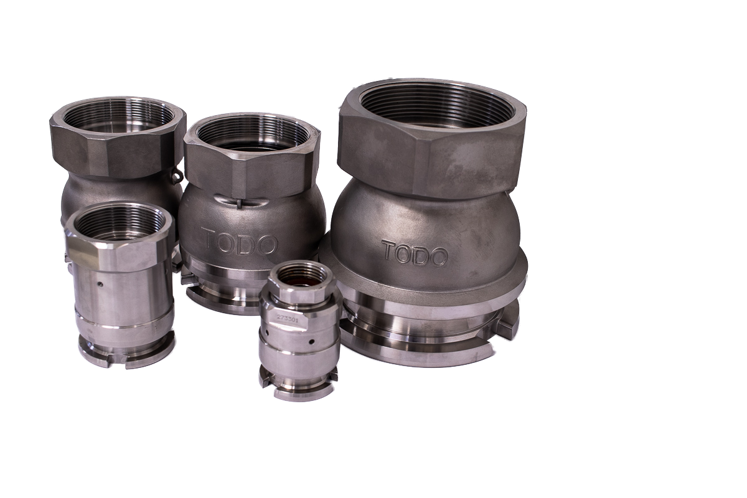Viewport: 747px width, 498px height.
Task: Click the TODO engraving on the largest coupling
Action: pyautogui.click(x=415, y=253)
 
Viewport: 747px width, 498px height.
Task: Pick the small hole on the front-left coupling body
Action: pyautogui.click(x=101, y=284)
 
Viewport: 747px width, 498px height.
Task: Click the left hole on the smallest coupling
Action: pyautogui.click(x=267, y=332)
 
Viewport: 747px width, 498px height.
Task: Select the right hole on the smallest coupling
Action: pyautogui.click(x=311, y=342)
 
